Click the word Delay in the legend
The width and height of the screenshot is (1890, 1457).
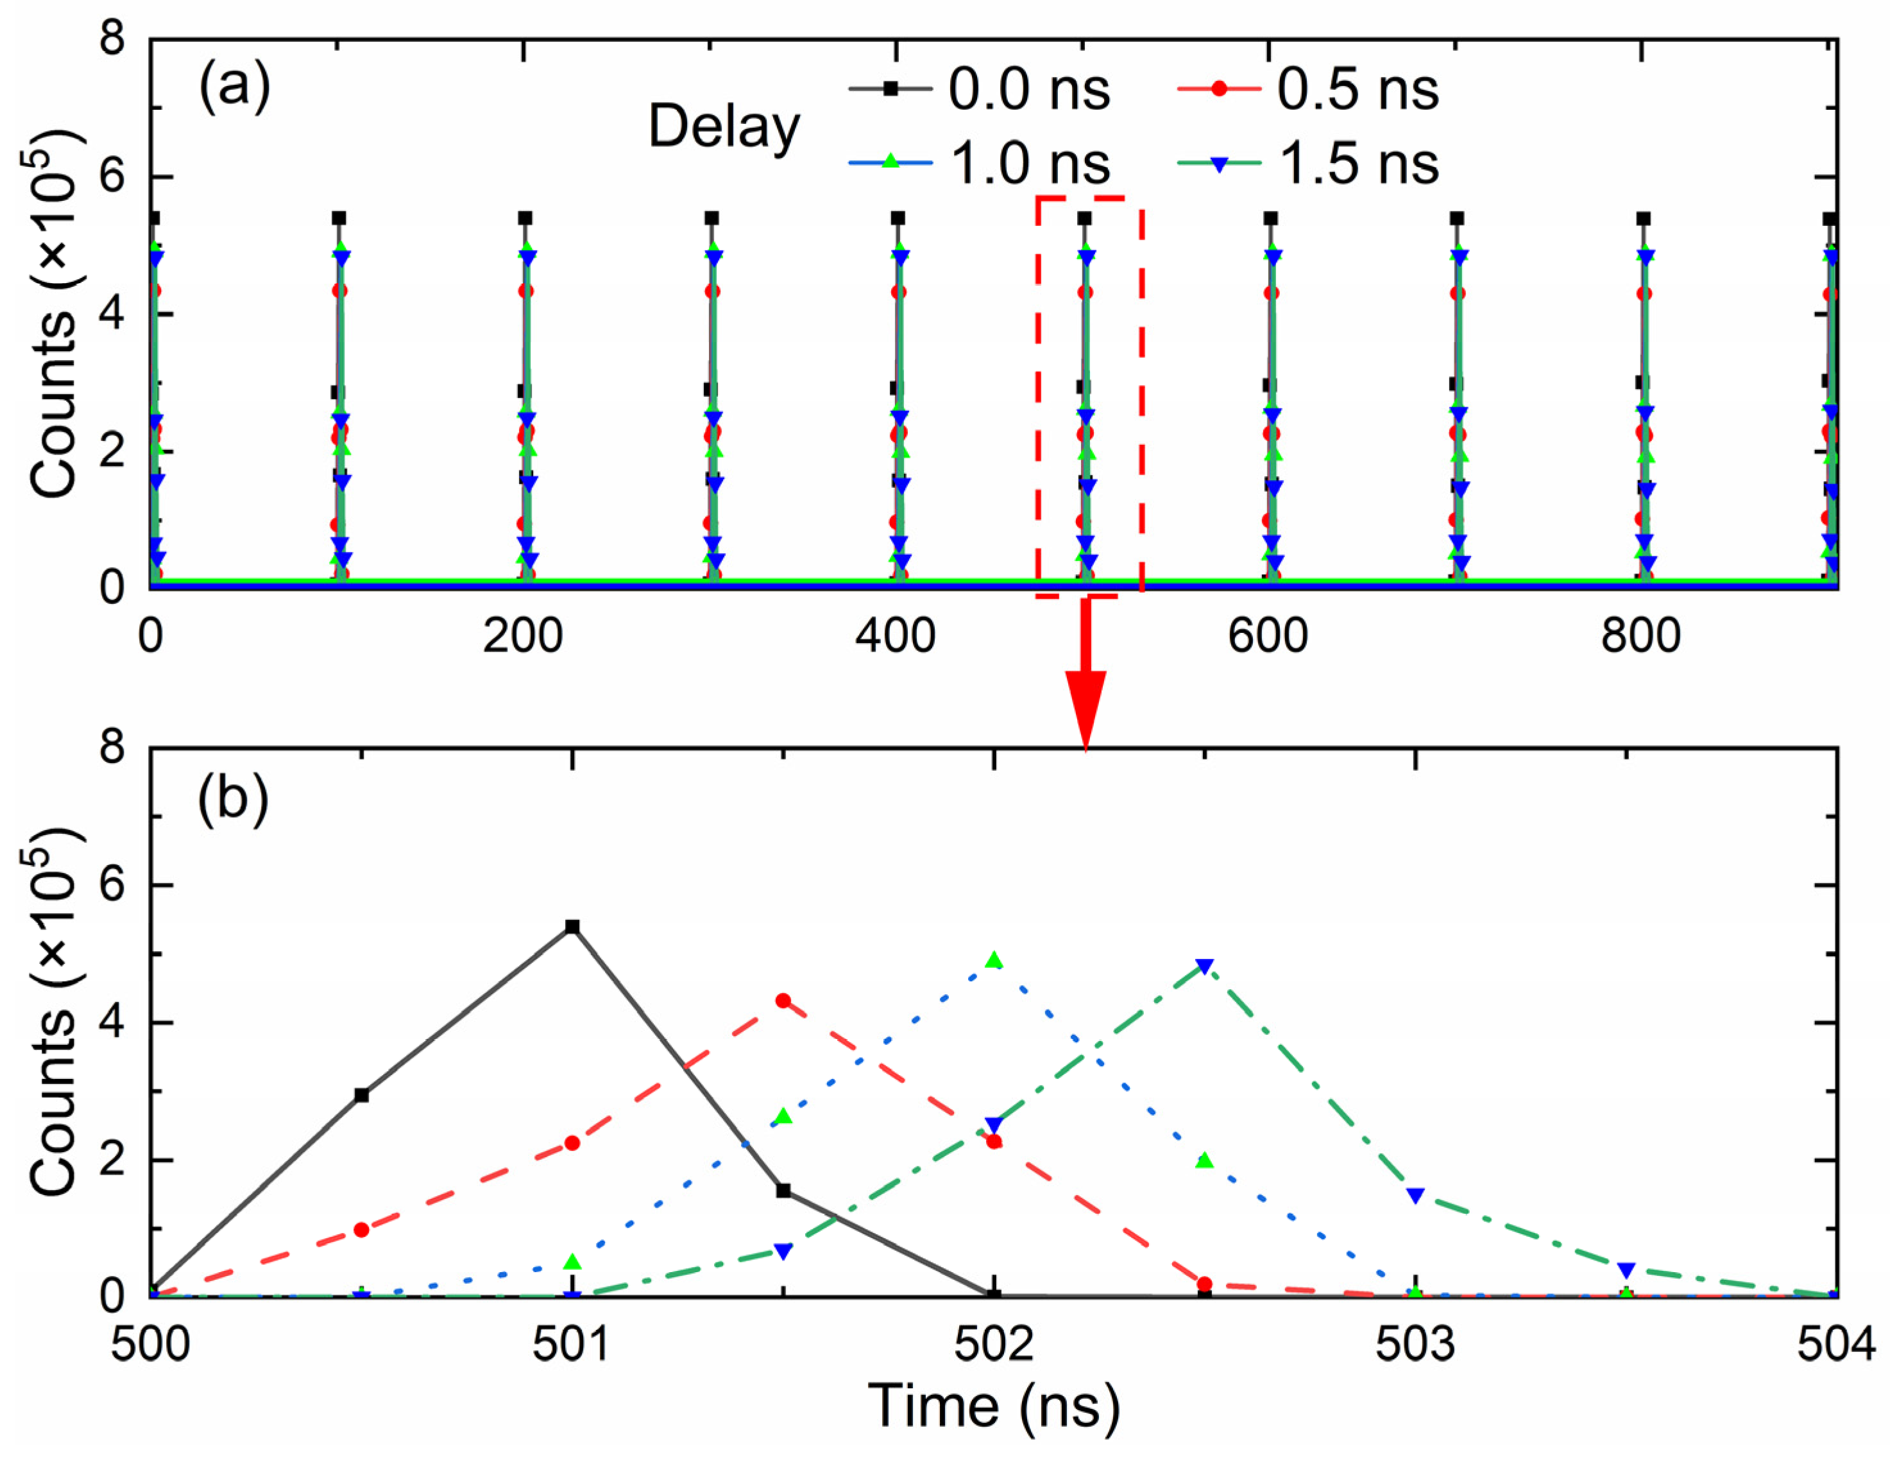(x=724, y=127)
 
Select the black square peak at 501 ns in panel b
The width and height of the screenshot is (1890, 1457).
(x=572, y=926)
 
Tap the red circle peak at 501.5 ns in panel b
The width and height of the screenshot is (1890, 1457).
(x=783, y=1001)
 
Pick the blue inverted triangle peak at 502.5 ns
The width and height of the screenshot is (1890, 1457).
(x=1205, y=966)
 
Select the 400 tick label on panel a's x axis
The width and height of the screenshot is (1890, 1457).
(x=895, y=636)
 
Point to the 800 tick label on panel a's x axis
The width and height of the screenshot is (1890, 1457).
(x=1640, y=636)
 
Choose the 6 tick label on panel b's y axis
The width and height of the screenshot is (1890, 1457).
(x=112, y=884)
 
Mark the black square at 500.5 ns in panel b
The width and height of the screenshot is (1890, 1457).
(x=362, y=1095)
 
